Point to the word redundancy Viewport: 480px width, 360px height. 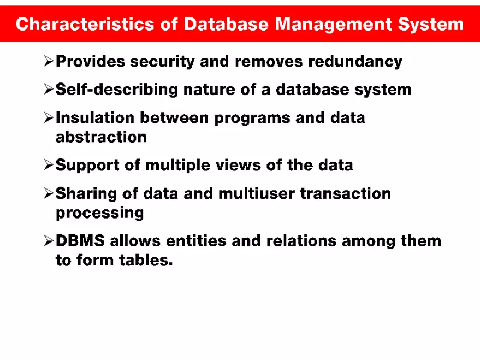click(x=355, y=62)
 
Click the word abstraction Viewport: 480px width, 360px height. click(x=101, y=137)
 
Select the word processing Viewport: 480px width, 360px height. click(x=100, y=213)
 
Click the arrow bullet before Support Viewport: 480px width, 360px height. click(x=48, y=165)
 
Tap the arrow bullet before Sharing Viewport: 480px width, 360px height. click(x=48, y=193)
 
